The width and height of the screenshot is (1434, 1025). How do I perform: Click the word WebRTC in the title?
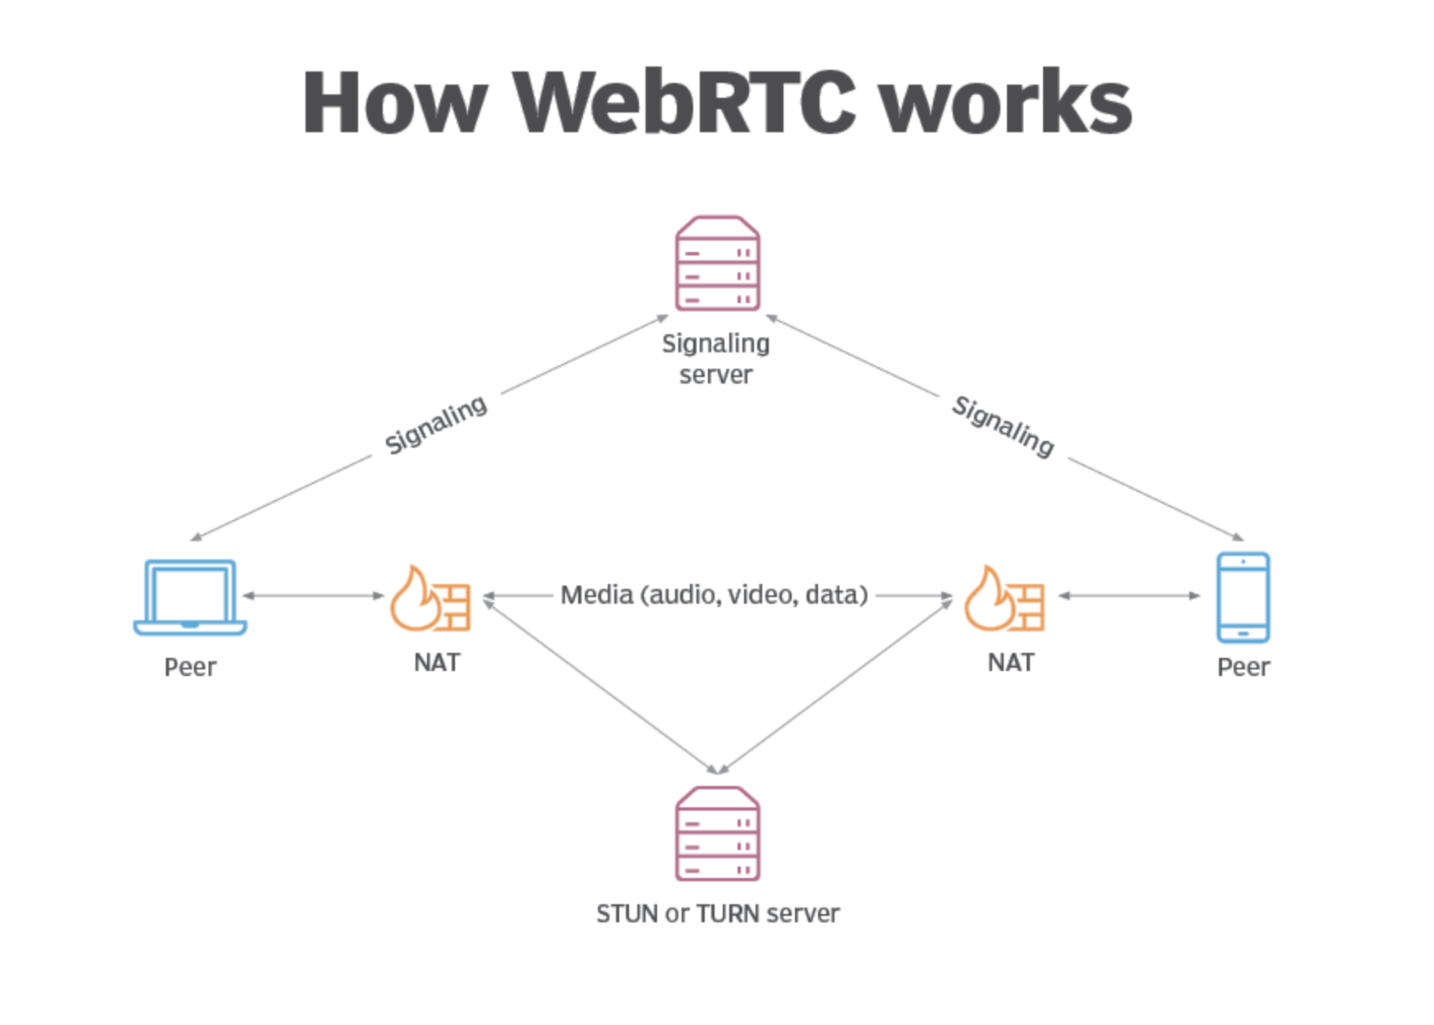(684, 103)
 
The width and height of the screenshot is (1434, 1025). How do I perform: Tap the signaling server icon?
(717, 264)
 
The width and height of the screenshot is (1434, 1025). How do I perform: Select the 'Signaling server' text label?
(716, 359)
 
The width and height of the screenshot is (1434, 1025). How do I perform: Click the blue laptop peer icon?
(190, 597)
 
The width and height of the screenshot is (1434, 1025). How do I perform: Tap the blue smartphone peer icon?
(1243, 597)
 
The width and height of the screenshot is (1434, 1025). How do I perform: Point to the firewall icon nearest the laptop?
(430, 598)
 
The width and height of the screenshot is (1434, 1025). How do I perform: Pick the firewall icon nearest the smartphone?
(1004, 598)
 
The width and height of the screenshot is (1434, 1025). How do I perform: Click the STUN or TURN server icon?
(717, 834)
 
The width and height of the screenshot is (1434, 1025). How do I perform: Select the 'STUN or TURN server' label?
(718, 913)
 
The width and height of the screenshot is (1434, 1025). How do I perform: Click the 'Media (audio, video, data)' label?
(714, 595)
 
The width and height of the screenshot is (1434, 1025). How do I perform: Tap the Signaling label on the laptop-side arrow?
(436, 425)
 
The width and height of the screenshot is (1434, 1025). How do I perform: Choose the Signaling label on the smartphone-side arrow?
(1003, 426)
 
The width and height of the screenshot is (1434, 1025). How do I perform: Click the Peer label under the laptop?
(190, 667)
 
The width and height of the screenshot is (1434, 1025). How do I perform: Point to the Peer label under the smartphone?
(1243, 667)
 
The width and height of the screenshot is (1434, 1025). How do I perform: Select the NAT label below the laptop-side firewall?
(437, 662)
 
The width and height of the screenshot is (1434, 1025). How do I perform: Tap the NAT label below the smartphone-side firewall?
(1011, 662)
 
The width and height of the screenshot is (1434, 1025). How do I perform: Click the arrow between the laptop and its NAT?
(314, 595)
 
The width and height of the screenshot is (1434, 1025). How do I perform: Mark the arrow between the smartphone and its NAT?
(1129, 595)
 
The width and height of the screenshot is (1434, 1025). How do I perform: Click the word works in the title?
(1006, 103)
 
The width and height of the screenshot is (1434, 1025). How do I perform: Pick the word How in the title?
(395, 103)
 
